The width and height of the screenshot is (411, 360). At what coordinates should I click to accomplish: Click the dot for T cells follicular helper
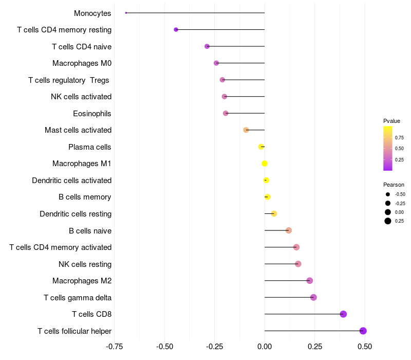point(363,331)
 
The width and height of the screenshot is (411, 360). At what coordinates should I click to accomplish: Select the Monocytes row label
point(92,13)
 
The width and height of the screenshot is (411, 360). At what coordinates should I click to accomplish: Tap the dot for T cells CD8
point(343,314)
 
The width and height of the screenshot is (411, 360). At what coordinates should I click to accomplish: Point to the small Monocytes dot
point(126,13)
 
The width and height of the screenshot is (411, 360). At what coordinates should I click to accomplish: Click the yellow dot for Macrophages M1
point(265,164)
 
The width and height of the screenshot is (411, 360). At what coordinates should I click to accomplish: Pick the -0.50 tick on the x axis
point(164,347)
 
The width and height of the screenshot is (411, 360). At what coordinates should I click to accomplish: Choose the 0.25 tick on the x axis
point(314,347)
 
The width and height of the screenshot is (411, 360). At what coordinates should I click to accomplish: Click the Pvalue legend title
point(391,121)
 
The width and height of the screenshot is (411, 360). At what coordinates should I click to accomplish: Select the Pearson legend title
point(394,185)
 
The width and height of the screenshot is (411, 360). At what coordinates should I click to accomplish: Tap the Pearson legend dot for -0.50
point(388,194)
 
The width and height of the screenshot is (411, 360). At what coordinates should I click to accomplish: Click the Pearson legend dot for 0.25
point(388,221)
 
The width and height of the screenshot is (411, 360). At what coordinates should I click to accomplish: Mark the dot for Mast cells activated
point(246,130)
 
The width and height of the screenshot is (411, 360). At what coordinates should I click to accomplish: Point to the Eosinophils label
point(92,113)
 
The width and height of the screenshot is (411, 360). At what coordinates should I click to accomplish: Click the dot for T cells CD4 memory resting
point(176,30)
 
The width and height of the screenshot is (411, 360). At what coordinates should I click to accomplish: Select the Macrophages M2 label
point(82,281)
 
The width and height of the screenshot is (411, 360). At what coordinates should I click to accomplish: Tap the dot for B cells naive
point(289,230)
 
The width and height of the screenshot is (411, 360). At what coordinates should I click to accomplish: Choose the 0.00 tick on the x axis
point(265,347)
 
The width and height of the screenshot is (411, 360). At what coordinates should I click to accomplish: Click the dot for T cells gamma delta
point(313,297)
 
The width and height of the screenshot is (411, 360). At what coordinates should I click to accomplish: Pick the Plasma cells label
point(89,147)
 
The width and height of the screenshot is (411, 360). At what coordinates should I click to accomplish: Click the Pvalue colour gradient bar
point(388,148)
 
